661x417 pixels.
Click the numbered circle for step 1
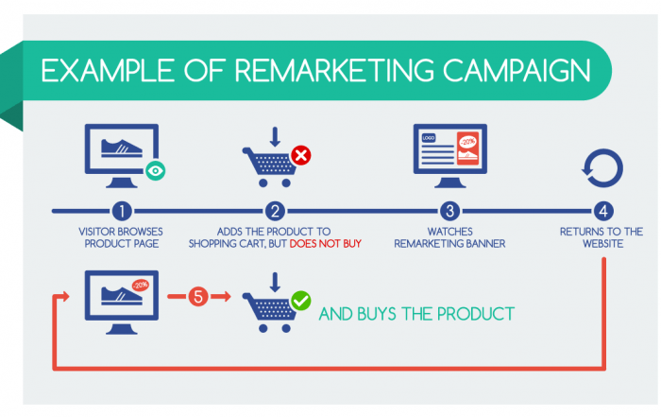(122, 211)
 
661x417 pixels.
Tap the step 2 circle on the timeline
(275, 211)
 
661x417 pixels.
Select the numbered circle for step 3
(449, 211)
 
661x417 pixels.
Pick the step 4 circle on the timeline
(603, 211)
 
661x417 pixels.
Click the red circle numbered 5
(198, 296)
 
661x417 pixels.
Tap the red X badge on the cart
(301, 155)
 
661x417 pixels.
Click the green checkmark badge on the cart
(301, 301)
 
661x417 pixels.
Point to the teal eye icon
(155, 170)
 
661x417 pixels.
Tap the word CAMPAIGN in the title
(517, 71)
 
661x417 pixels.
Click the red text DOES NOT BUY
(326, 244)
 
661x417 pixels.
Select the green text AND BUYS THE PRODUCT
(416, 314)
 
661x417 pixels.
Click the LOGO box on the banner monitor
(429, 138)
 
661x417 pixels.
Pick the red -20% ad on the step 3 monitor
(468, 148)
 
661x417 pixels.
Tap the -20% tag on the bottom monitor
(141, 285)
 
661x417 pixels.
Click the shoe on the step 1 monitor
(122, 148)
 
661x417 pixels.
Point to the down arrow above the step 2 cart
(275, 137)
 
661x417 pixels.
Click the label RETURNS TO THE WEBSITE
(602, 237)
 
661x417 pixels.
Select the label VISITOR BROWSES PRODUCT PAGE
(121, 237)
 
